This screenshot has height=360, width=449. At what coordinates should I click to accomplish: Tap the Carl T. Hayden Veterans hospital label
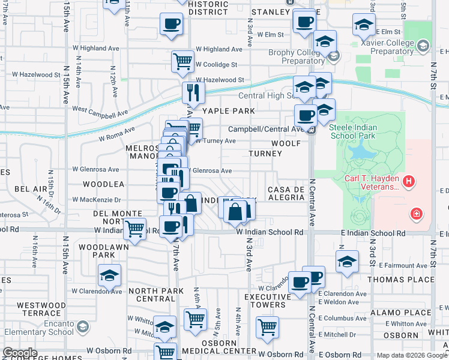click(x=371, y=182)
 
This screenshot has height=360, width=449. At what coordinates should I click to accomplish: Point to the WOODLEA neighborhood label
click(x=103, y=184)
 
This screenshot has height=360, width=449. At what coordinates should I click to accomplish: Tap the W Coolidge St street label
click(x=216, y=64)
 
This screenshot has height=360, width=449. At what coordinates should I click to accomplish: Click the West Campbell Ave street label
click(x=100, y=112)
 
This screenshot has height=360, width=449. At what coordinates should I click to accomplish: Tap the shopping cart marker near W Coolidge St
click(x=182, y=60)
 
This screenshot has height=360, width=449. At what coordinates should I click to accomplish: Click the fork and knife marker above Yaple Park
click(x=193, y=92)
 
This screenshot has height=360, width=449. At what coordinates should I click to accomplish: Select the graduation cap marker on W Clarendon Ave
click(x=109, y=275)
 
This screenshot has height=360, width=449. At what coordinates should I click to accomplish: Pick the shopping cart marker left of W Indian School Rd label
click(x=136, y=228)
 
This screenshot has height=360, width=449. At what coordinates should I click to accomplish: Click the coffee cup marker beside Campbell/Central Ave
click(x=306, y=115)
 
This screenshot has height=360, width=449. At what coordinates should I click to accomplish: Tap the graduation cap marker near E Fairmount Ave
click(x=346, y=261)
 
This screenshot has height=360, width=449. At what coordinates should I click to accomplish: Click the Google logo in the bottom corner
click(x=20, y=353)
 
